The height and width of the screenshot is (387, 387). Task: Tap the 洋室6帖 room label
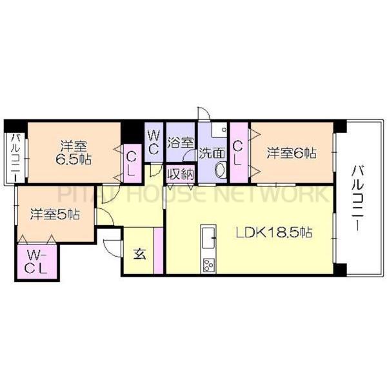[x=292, y=153]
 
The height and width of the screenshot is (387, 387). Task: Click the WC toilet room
[x=154, y=141]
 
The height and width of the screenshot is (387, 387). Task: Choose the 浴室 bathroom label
[x=180, y=141]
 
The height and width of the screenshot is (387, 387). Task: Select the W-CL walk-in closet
[x=35, y=261]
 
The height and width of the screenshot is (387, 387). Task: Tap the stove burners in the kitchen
[x=210, y=264]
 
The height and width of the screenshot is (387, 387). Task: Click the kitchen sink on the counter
[x=210, y=236]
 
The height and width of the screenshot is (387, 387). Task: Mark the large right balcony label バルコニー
[x=357, y=193]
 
